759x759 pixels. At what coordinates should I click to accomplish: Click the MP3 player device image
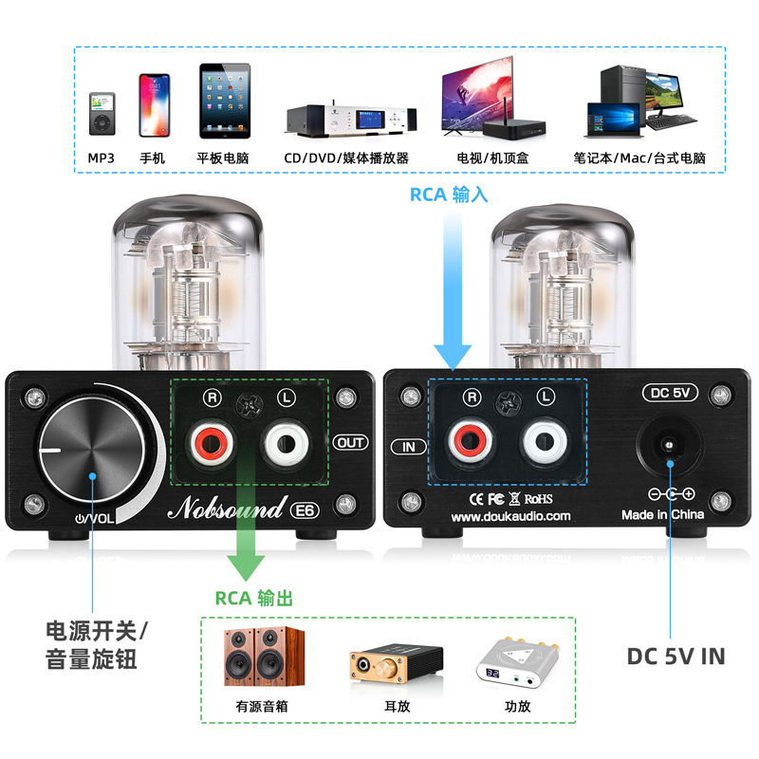click(x=102, y=114)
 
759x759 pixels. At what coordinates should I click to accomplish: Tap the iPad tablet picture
click(x=224, y=101)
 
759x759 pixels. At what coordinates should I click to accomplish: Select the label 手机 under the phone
click(x=152, y=158)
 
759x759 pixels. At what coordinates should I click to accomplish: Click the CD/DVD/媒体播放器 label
click(x=346, y=158)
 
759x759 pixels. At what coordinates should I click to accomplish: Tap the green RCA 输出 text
click(x=253, y=598)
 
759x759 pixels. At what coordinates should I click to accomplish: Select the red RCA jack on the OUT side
click(x=208, y=442)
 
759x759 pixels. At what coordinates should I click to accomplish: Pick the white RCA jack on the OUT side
click(x=287, y=442)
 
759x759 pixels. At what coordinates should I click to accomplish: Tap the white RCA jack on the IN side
click(x=545, y=442)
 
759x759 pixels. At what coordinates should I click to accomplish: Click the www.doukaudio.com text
click(x=511, y=516)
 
